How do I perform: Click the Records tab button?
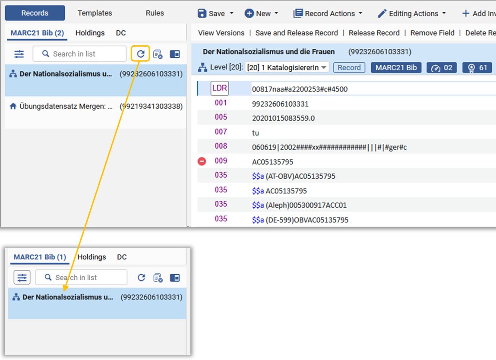pyautogui.click(x=35, y=13)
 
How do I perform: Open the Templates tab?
pyautogui.click(x=95, y=13)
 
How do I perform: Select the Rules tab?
pyautogui.click(x=155, y=13)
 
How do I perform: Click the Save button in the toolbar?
pyautogui.click(x=215, y=13)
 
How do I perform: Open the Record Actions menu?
pyautogui.click(x=328, y=13)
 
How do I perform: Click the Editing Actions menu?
pyautogui.click(x=412, y=13)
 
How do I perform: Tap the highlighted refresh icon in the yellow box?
pyautogui.click(x=140, y=54)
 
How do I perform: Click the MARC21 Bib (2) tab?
pyautogui.click(x=37, y=33)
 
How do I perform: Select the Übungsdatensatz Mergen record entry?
pyautogui.click(x=95, y=106)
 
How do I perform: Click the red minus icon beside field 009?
pyautogui.click(x=202, y=161)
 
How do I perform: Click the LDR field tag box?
pyautogui.click(x=220, y=88)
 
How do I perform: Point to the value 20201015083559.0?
pyautogui.click(x=284, y=118)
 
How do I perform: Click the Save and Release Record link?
pyautogui.click(x=297, y=33)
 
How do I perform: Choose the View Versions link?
pyautogui.click(x=221, y=33)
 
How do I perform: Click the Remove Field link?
pyautogui.click(x=433, y=33)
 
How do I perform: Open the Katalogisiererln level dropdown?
pyautogui.click(x=287, y=67)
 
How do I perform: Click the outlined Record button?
pyautogui.click(x=349, y=67)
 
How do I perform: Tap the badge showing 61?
pyautogui.click(x=477, y=67)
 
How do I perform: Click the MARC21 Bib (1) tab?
pyautogui.click(x=40, y=257)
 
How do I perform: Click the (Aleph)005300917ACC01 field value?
pyautogui.click(x=306, y=205)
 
